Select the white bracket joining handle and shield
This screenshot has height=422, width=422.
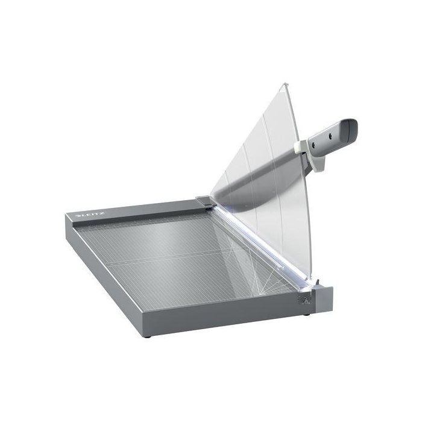tap(303, 145)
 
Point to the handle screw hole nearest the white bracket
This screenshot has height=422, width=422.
tap(318, 143)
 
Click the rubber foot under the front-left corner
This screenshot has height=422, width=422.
tap(148, 333)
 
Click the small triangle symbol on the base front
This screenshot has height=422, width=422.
tap(306, 300)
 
